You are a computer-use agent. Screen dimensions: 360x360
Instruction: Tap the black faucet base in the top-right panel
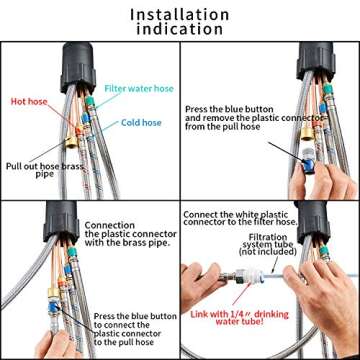coord(321,75)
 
